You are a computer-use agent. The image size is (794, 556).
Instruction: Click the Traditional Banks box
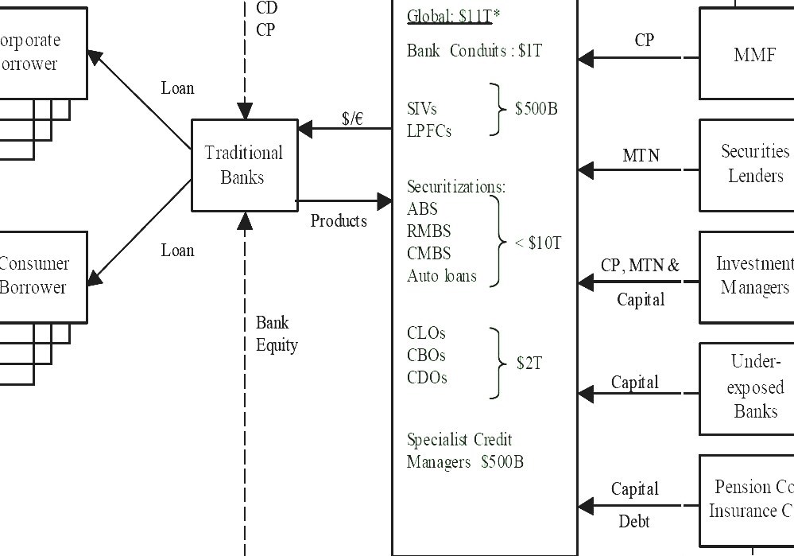243,165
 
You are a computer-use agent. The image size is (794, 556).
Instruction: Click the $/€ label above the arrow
352,119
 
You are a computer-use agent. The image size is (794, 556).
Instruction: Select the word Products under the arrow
339,221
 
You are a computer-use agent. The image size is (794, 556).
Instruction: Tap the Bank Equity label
276,334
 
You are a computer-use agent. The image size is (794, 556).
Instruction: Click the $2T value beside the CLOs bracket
529,364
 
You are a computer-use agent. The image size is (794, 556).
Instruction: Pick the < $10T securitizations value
538,243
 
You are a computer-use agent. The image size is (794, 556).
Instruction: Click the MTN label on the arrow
641,156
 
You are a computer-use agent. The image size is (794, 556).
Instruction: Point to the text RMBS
428,231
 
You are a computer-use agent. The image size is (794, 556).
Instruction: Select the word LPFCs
429,131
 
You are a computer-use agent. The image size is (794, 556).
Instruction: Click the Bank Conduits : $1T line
474,51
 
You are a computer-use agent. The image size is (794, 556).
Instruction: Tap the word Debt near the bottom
634,522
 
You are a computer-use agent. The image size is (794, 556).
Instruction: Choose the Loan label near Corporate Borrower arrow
177,88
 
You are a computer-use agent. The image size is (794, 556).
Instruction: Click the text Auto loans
442,277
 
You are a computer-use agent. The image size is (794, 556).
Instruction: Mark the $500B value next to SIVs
536,109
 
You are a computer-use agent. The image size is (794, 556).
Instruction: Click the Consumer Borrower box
36,276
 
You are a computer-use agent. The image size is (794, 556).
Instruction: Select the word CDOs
427,378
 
